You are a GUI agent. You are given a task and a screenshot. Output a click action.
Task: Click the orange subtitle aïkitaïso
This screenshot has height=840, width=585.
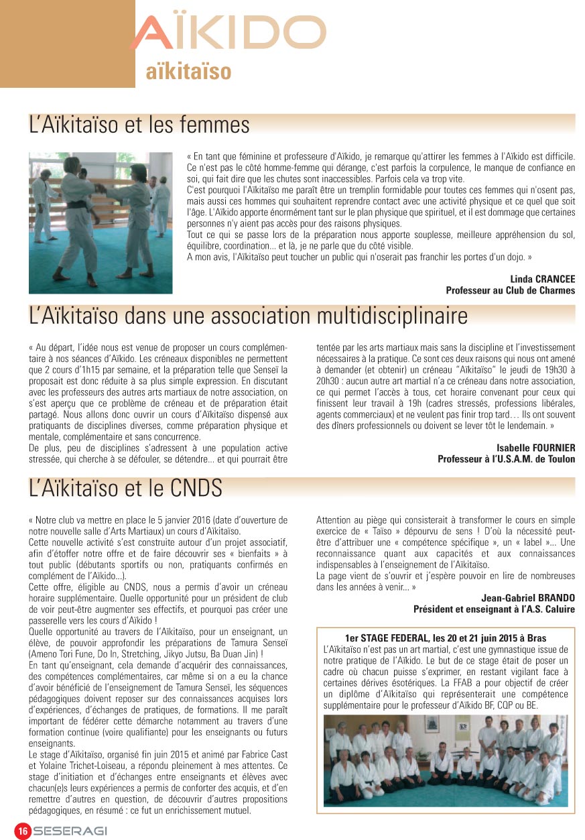coord(188,72)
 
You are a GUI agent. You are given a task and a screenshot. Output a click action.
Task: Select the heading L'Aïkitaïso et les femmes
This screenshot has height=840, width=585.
coord(139,125)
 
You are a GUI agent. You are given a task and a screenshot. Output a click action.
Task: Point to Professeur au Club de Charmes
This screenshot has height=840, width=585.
coord(510,290)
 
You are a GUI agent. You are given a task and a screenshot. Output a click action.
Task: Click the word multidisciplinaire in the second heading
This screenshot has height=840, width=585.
coord(372,316)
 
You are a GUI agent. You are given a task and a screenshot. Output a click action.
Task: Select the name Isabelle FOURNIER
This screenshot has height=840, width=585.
coord(535,448)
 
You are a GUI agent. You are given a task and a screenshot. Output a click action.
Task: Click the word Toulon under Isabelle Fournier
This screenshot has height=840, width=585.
coord(560,459)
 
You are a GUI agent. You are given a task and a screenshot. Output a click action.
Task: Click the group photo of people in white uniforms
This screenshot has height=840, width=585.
coord(445,760)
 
